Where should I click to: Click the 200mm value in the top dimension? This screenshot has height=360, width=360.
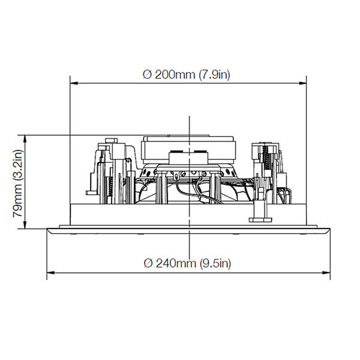175,74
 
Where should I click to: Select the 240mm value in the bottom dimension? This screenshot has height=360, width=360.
176,263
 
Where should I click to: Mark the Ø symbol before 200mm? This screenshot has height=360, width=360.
148,74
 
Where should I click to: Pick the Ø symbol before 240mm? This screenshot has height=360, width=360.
148,263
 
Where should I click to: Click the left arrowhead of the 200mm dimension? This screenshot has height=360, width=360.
74,83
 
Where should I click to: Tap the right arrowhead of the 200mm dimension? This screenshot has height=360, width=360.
302,83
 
